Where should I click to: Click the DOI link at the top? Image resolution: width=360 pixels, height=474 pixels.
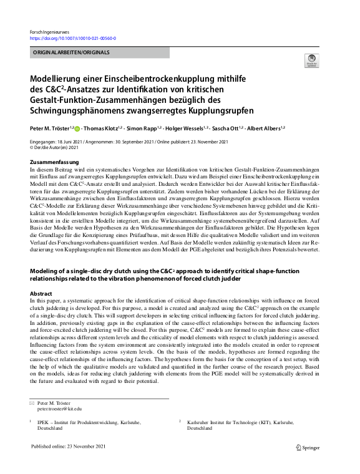(73, 38)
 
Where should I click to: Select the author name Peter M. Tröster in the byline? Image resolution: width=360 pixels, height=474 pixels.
(50, 128)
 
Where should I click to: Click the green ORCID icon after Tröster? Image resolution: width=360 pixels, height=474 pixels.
(78, 128)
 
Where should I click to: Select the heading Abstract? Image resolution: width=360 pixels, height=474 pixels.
(41, 293)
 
